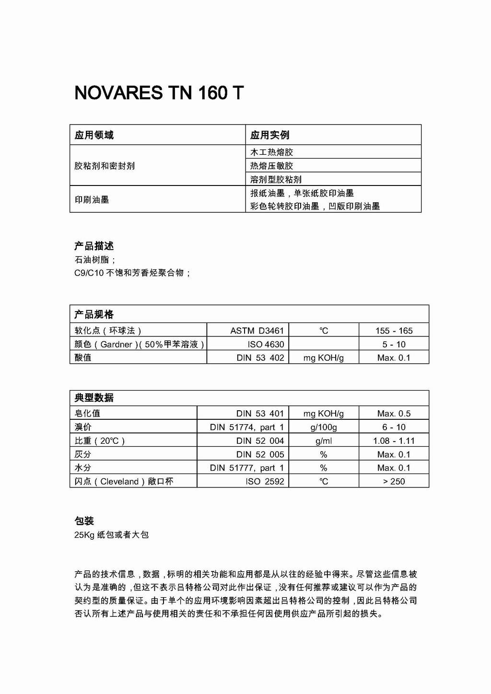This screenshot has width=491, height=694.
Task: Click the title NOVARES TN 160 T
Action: (x=159, y=93)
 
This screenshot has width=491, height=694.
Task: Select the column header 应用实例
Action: (x=269, y=135)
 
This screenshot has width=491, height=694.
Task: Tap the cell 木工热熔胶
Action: (x=271, y=152)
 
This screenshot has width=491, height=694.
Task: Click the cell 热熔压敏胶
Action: (x=271, y=166)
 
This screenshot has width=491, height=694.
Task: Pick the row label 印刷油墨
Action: (x=92, y=199)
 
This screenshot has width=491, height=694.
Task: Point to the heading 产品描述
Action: (x=94, y=246)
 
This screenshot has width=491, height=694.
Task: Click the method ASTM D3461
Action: (x=257, y=331)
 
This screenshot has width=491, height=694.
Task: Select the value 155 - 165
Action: (x=394, y=331)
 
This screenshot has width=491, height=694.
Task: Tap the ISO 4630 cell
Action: (x=266, y=344)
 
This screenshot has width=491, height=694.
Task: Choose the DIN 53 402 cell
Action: (x=260, y=358)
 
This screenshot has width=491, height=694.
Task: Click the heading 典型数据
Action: (x=94, y=398)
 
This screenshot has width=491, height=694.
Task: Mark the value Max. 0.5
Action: (x=394, y=414)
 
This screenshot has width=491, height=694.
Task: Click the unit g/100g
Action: (x=324, y=427)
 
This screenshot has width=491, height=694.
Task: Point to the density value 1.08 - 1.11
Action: (x=394, y=441)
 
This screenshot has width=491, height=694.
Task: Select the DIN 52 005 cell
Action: (x=260, y=454)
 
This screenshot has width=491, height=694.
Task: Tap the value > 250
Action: (x=394, y=481)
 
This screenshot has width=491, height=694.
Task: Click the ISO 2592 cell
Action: (x=265, y=481)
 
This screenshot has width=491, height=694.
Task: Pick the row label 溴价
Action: (x=83, y=427)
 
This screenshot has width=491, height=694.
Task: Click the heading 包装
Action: (x=84, y=521)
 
